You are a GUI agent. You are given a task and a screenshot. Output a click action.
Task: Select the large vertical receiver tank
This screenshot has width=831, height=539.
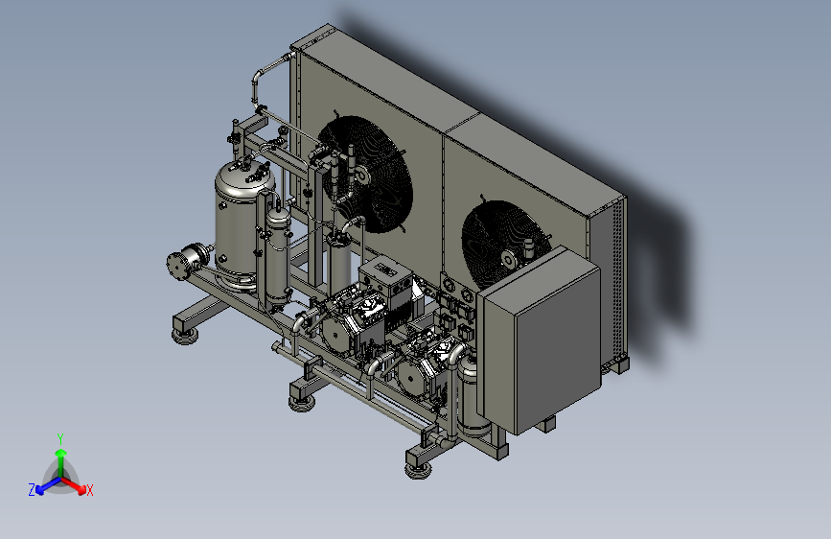click(x=242, y=225)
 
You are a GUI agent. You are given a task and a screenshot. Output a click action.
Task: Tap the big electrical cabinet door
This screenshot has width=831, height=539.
click(x=558, y=348)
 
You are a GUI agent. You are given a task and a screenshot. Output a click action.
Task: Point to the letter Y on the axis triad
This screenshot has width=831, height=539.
click(x=60, y=439)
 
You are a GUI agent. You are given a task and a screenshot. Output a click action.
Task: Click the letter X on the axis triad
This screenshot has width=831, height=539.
click(x=89, y=490)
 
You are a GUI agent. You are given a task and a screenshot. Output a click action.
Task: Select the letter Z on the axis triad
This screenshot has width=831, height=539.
click(x=32, y=490)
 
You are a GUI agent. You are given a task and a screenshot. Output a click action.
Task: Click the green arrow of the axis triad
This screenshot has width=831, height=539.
click(x=61, y=462)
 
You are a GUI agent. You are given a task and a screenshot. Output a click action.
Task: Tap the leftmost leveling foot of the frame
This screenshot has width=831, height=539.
click(x=185, y=336)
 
